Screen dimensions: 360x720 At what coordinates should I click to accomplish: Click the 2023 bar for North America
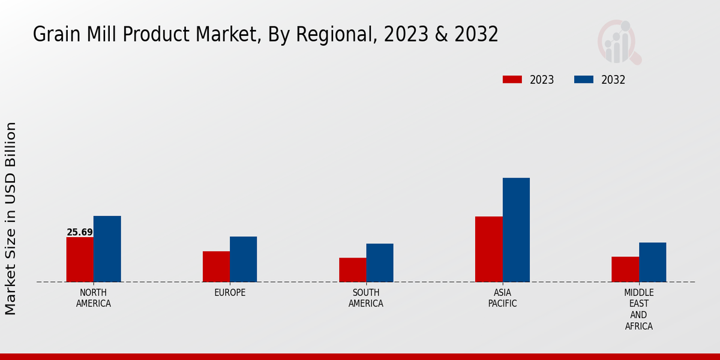point(80,259)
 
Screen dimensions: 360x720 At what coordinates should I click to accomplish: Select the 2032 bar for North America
point(107,248)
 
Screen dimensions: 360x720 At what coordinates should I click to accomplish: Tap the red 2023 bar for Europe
point(216,266)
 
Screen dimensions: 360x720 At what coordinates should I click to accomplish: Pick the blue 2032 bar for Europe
point(243,259)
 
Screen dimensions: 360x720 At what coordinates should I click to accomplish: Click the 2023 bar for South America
point(352,269)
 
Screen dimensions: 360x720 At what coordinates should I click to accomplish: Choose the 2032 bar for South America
point(380,262)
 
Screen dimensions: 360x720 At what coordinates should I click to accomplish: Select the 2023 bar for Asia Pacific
point(488,249)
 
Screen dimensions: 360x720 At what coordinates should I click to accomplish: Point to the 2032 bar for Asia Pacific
point(516,230)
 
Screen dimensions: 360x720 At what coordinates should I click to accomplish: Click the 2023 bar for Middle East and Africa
point(625,269)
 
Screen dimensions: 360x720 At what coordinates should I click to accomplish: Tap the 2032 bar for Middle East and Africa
point(652,262)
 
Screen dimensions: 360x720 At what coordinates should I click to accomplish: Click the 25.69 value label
point(80,232)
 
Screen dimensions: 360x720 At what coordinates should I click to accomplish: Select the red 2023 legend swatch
point(512,80)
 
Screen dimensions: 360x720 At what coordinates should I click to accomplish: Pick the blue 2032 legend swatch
point(584,80)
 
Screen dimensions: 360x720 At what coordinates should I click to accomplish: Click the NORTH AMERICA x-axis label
point(94,298)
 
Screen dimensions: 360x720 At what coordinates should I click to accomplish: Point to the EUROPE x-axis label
point(230,292)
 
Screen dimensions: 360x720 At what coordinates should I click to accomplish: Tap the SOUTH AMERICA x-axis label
point(366,298)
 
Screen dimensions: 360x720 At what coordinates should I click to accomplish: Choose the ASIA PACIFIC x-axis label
point(502,298)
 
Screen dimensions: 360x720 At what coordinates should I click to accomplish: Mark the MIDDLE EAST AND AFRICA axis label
point(638,309)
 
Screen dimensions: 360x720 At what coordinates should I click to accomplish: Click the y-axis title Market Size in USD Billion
point(11,218)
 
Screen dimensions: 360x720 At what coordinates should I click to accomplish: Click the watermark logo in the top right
point(619,42)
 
